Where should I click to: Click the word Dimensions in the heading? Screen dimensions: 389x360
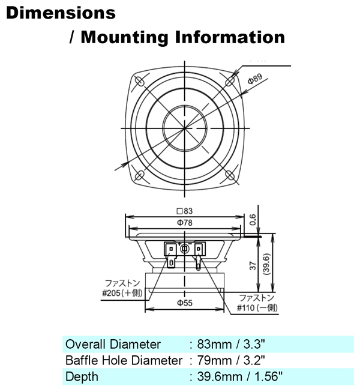(x=61, y=13)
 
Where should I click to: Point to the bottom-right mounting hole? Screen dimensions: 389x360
(x=229, y=175)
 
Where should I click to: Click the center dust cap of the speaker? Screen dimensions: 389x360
(x=184, y=128)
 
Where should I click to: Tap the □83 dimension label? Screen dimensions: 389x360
(x=185, y=212)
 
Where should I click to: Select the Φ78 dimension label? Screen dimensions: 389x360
(x=185, y=223)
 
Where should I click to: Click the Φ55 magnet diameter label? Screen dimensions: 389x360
(x=184, y=303)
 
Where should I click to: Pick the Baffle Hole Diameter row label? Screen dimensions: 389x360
(x=123, y=360)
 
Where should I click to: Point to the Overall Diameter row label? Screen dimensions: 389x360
(x=113, y=344)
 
